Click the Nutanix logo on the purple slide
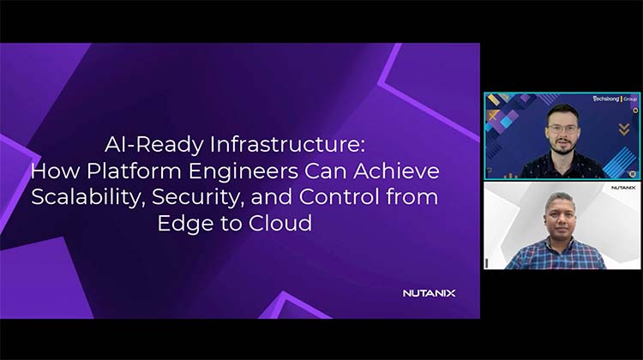pyautogui.click(x=429, y=293)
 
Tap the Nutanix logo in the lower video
pyautogui.click(x=623, y=187)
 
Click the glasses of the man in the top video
pyautogui.click(x=562, y=129)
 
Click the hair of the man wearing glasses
pyautogui.click(x=562, y=111)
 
